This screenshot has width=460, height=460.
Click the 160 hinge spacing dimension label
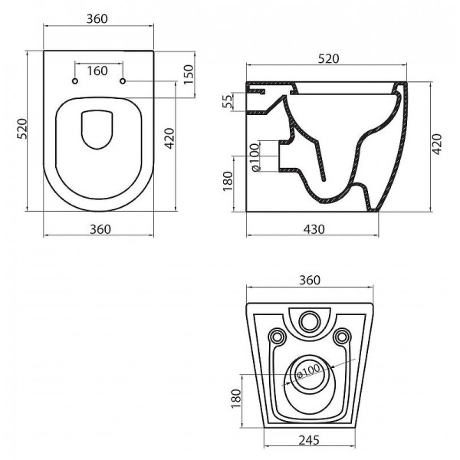tap(97, 71)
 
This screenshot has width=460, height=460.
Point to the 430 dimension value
tap(314, 228)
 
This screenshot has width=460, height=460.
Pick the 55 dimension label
tap(227, 101)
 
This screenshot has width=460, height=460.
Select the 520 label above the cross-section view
tap(327, 59)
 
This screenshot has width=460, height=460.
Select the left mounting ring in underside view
tap(277, 335)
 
